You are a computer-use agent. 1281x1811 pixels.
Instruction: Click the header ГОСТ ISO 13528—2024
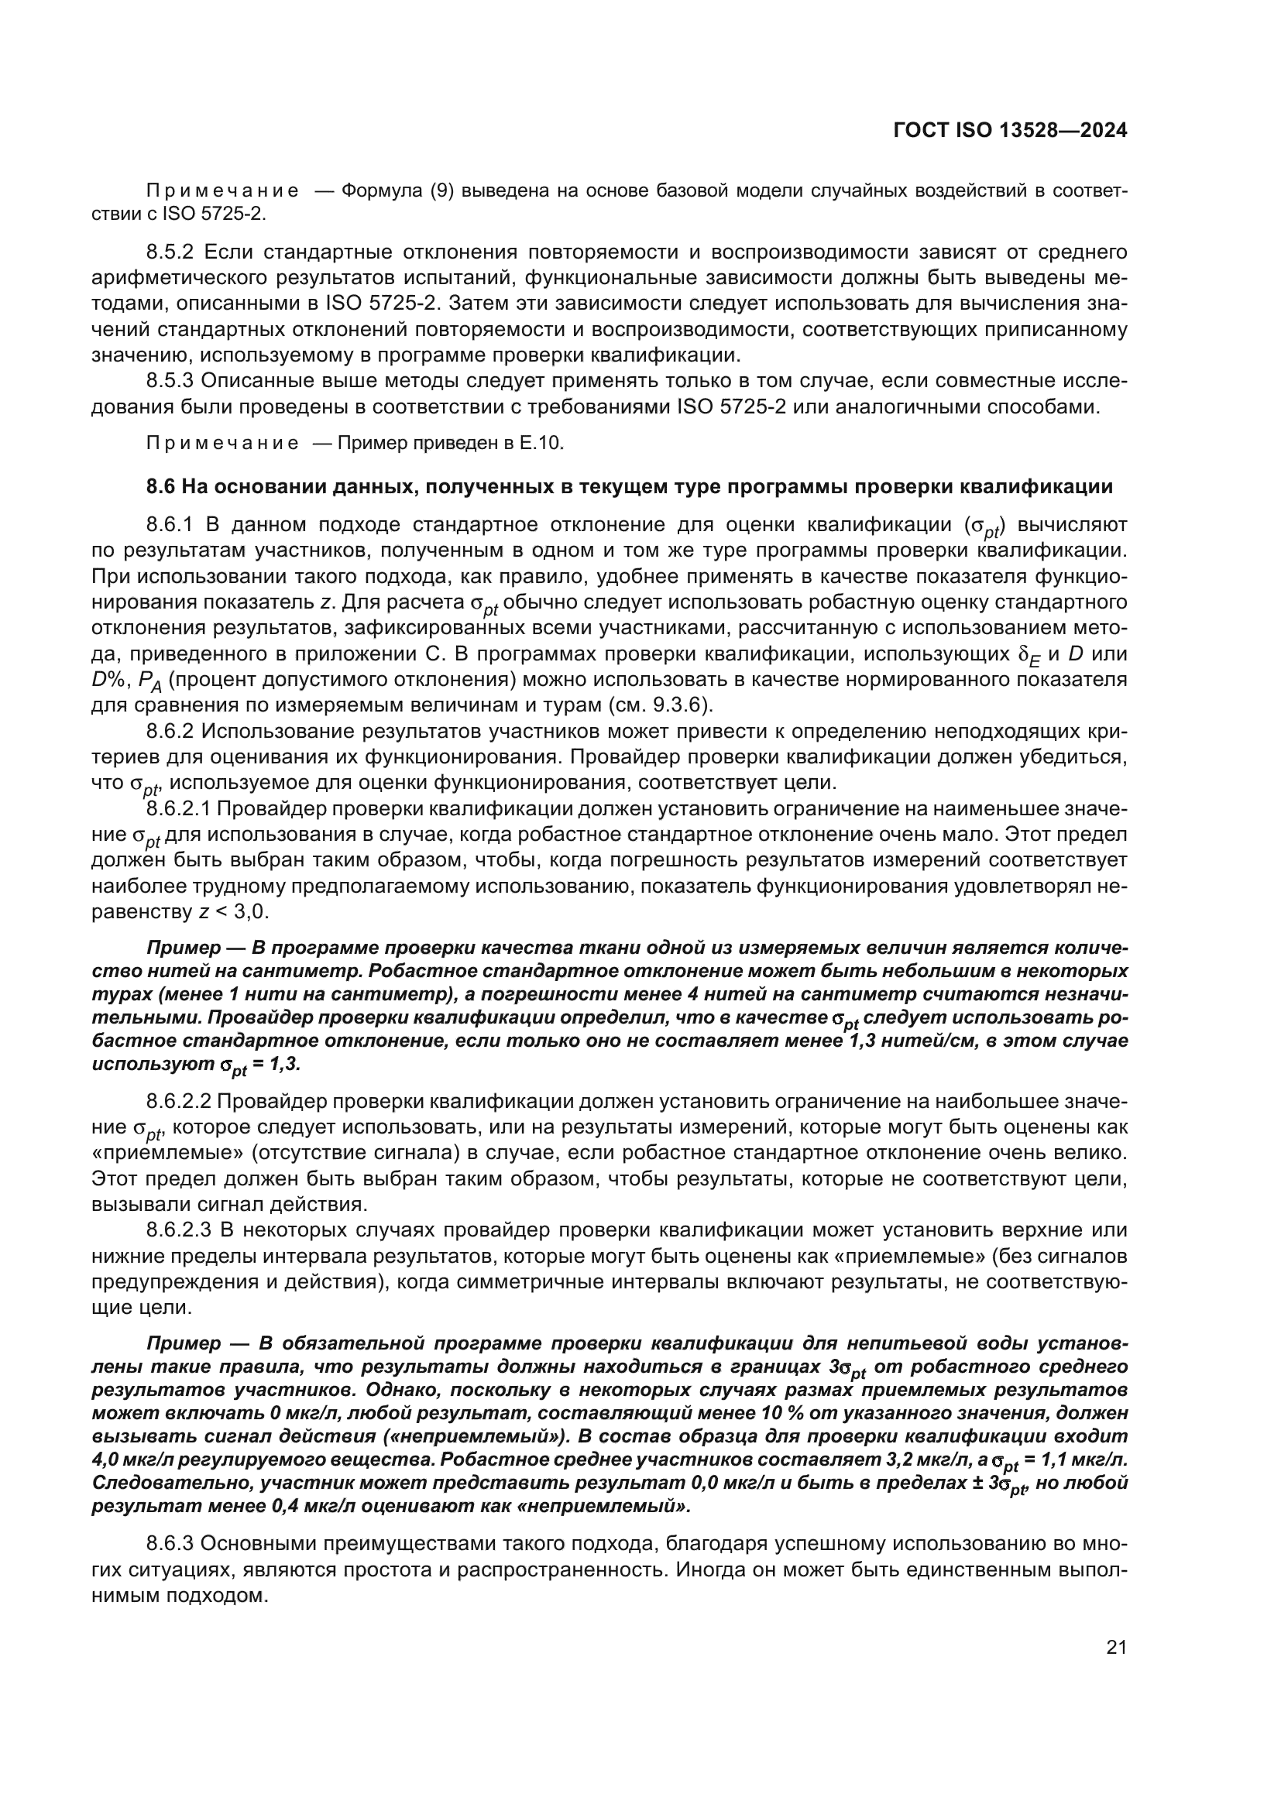pos(1010,130)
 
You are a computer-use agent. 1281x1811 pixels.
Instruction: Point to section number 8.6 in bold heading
pos(161,487)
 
